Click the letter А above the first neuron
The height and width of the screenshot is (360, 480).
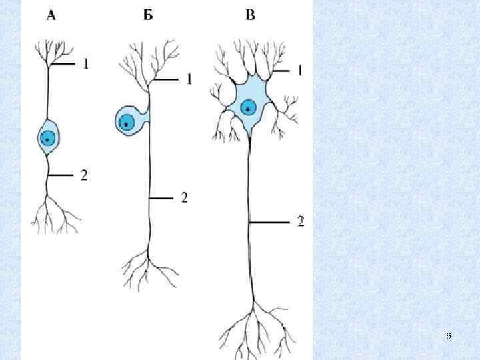point(51,16)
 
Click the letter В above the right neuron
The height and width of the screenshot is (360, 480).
point(250,16)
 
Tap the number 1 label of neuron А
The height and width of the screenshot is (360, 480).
point(86,64)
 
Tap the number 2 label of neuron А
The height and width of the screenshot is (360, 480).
point(85,176)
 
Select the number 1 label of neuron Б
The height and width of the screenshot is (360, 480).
point(189,79)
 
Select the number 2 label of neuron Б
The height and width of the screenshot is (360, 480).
point(185,198)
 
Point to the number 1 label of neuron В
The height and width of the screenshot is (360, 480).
point(301,69)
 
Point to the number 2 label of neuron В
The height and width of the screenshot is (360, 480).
point(301,221)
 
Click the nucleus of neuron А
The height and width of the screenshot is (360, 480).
point(47,139)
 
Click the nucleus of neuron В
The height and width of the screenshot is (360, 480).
point(249,107)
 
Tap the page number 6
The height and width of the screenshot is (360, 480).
point(448,337)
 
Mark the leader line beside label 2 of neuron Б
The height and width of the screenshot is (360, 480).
point(161,198)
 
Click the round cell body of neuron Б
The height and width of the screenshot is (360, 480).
point(130,120)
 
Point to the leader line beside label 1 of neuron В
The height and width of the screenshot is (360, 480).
point(280,69)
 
